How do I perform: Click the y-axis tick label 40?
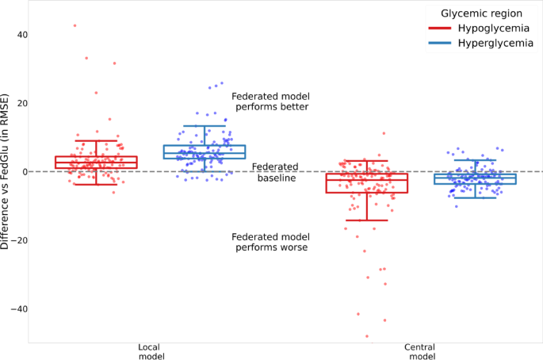point(22,35)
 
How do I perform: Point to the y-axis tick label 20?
point(22,103)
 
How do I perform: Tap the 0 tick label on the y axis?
point(25,171)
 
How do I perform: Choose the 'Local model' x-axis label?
point(150,352)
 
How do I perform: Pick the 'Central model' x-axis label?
point(419,352)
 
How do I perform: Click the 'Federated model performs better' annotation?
point(270,101)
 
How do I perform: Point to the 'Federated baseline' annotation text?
point(275,172)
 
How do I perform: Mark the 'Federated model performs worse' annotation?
point(270,242)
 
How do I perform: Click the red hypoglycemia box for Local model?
point(96,163)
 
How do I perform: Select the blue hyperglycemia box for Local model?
point(205,151)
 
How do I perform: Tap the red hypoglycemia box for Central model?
point(367,183)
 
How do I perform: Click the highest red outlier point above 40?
point(75,25)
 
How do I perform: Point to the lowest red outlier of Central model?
point(367,336)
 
